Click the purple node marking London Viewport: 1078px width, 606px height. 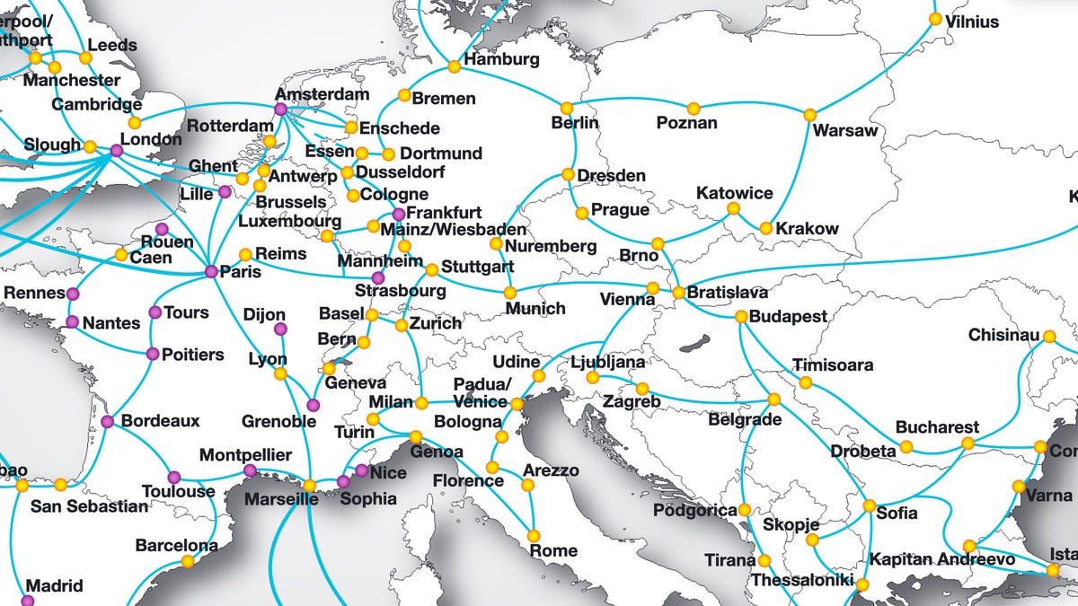pyautogui.click(x=116, y=151)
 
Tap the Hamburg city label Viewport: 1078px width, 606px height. pyautogui.click(x=502, y=60)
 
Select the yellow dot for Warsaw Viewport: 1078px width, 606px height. pyautogui.click(x=809, y=114)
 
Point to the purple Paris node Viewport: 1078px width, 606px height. pyautogui.click(x=210, y=271)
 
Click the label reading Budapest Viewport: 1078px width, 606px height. pyautogui.click(x=788, y=317)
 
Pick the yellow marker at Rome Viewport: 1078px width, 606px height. pyautogui.click(x=534, y=535)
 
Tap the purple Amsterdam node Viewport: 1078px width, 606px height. pyautogui.click(x=280, y=109)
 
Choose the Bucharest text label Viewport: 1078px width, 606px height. pyautogui.click(x=936, y=426)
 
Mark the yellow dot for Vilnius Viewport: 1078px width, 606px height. pyautogui.click(x=935, y=18)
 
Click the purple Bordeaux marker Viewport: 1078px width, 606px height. pyautogui.click(x=108, y=421)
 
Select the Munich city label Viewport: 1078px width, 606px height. pyautogui.click(x=535, y=309)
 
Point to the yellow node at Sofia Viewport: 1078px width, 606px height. pyautogui.click(x=869, y=505)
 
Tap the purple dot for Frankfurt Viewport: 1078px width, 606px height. pyautogui.click(x=399, y=214)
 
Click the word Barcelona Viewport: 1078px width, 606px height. pyautogui.click(x=176, y=545)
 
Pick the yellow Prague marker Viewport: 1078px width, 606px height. pyautogui.click(x=582, y=213)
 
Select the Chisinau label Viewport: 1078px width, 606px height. pyautogui.click(x=1003, y=336)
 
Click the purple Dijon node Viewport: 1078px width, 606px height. pyautogui.click(x=280, y=329)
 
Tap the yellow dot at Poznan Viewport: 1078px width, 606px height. pyautogui.click(x=693, y=109)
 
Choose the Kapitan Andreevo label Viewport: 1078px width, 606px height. pyautogui.click(x=941, y=559)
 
